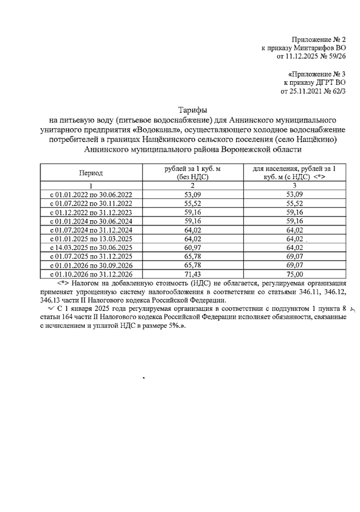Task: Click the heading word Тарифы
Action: (193, 110)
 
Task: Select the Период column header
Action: (91, 173)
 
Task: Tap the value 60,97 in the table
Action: (193, 248)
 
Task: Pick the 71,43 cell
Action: (193, 274)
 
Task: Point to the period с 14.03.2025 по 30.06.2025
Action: (91, 248)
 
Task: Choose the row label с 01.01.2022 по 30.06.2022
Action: (91, 195)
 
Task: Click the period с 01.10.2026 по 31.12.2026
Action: (91, 274)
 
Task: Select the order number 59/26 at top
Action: (335, 56)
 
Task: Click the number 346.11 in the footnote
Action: (309, 292)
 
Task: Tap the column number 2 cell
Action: (193, 185)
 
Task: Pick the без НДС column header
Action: (193, 173)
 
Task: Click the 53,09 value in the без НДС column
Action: (193, 195)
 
